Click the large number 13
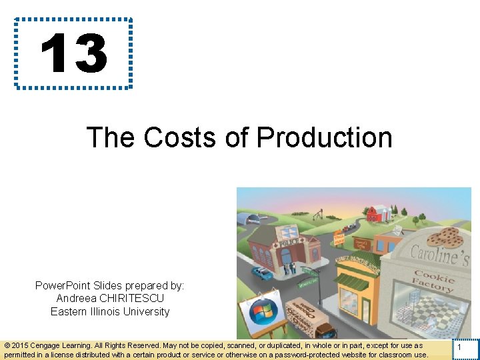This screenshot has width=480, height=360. click(x=73, y=53)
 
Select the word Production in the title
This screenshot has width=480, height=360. click(x=324, y=137)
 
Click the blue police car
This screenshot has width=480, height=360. click(x=263, y=273)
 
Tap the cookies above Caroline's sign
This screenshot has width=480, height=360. click(x=443, y=237)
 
